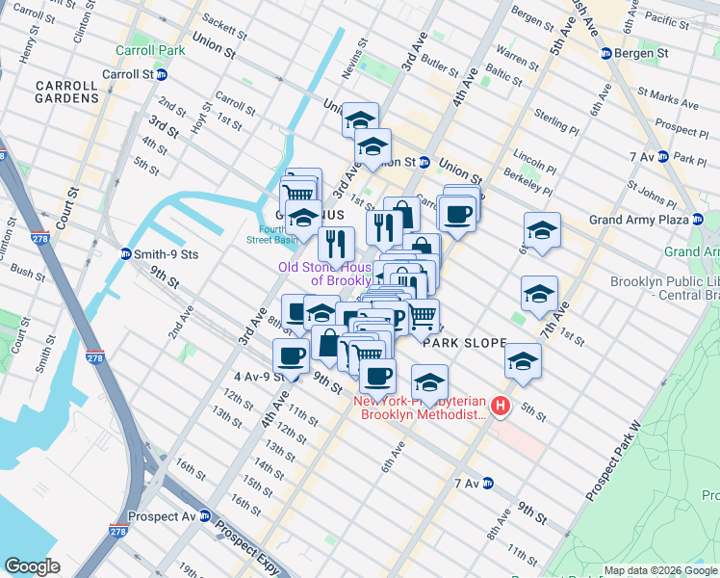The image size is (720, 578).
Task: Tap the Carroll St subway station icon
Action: click(x=162, y=74)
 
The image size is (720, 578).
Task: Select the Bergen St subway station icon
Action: click(x=606, y=53)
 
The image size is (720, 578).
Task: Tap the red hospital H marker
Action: click(x=500, y=407)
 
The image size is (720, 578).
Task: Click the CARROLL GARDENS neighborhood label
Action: click(x=66, y=92)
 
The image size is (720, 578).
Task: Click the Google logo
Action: click(x=33, y=565)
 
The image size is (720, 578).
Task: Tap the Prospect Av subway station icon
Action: click(x=204, y=515)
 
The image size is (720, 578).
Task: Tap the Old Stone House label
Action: click(x=325, y=274)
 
